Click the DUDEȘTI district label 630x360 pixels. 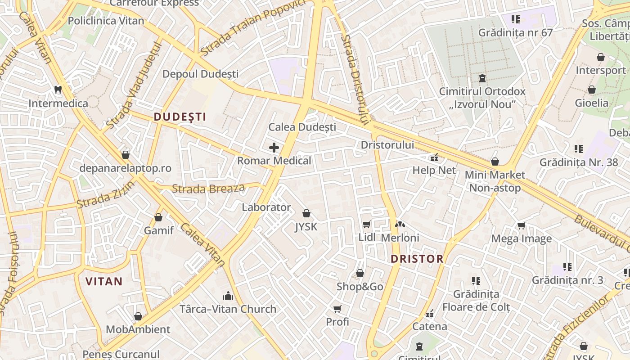coord(180,117)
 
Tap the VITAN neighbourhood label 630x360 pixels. coord(104,282)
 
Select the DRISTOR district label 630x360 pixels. coord(417,259)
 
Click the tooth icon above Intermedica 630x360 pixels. coord(58,90)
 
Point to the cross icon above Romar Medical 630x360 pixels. coord(274,147)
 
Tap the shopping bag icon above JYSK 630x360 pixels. coord(306,213)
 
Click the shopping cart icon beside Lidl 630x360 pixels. coord(366,224)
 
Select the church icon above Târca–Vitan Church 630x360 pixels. coord(228,296)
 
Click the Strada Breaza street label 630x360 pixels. coord(208,189)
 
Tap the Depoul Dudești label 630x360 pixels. coord(201,74)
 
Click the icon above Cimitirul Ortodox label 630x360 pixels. coord(482,78)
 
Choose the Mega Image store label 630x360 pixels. coord(522,238)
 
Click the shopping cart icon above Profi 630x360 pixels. coord(337,309)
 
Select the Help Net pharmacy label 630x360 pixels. coord(434,171)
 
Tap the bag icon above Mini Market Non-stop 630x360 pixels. coord(495,161)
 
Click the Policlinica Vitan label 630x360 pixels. coord(106,21)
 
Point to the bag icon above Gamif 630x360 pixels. coord(158,217)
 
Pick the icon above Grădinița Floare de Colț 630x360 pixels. coord(476,281)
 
